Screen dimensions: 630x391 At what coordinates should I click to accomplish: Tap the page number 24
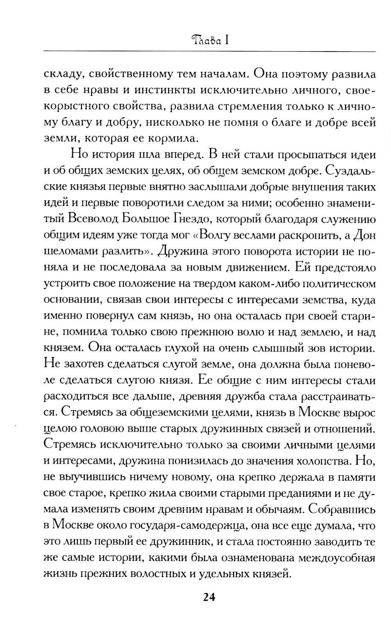pyautogui.click(x=209, y=597)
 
